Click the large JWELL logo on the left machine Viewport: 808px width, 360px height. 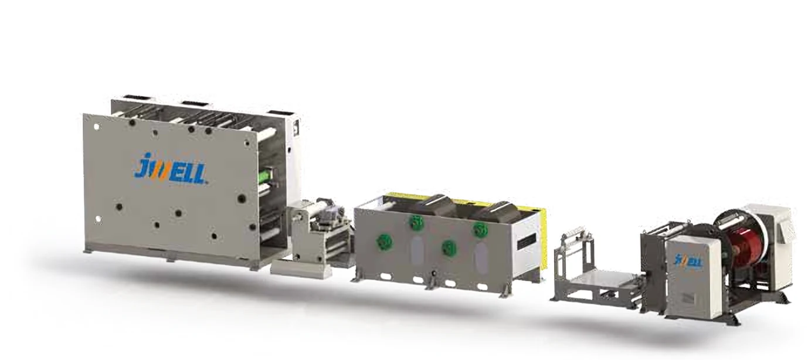(170, 169)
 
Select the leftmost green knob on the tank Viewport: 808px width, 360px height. (384, 242)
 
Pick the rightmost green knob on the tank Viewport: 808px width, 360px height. (480, 229)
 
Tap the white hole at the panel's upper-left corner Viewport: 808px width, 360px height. (97, 127)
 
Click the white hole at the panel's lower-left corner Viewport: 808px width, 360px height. (98, 219)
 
